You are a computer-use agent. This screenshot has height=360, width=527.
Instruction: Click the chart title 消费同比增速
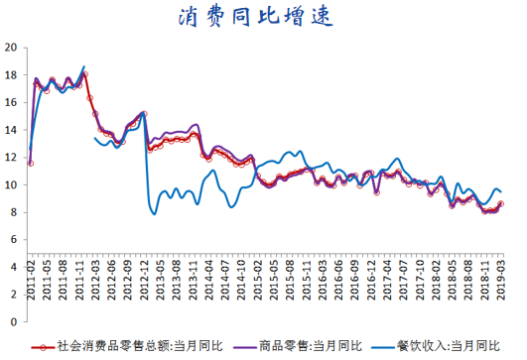click(x=264, y=18)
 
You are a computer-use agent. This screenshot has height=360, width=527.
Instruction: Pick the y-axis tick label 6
click(x=13, y=239)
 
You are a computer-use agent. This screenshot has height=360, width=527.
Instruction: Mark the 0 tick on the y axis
click(x=13, y=321)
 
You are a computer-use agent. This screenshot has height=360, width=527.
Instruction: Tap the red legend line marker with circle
click(x=43, y=346)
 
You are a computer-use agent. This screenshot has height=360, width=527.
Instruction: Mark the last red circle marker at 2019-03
click(x=500, y=203)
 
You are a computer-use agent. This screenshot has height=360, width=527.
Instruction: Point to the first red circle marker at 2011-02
click(x=31, y=163)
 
